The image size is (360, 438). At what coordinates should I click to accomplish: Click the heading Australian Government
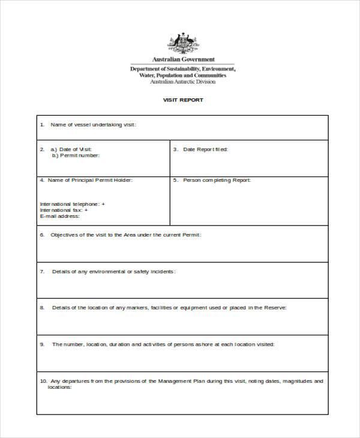point(183,59)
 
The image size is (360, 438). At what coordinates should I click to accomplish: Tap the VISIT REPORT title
point(183,100)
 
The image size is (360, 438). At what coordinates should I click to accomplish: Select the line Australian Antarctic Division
point(183,82)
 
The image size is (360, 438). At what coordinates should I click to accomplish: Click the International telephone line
point(72,204)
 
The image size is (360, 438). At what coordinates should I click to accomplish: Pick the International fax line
point(64,211)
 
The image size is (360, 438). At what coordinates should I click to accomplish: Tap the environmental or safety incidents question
point(113,271)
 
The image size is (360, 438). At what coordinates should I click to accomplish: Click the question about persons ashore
point(163,344)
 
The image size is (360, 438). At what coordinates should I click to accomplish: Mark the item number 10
point(43,381)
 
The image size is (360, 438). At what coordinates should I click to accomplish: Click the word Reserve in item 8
point(275,308)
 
